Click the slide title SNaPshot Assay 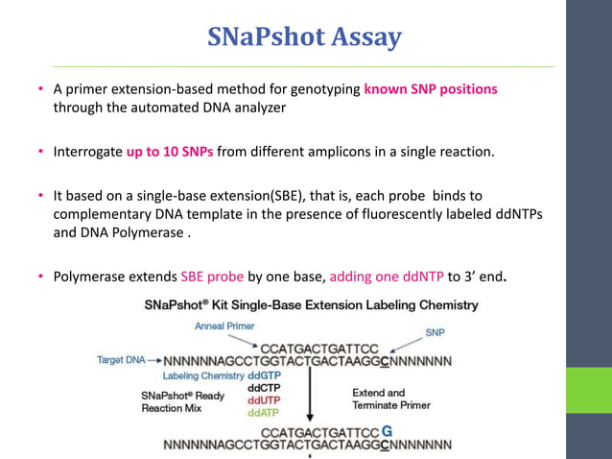(305, 37)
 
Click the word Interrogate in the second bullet (87, 152)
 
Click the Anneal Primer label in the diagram (224, 326)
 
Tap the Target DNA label (121, 360)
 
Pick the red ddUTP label (265, 399)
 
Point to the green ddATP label (265, 412)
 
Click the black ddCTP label (265, 388)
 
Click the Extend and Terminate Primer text (391, 399)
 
